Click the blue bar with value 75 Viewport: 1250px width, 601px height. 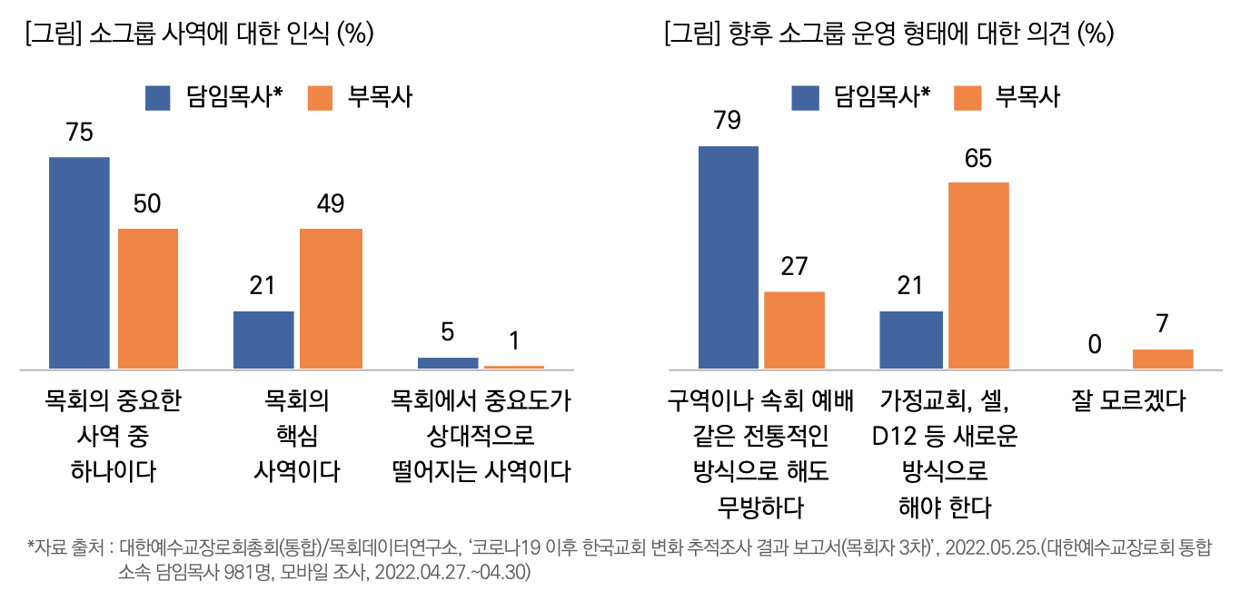(x=79, y=263)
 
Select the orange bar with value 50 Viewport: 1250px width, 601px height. (x=148, y=299)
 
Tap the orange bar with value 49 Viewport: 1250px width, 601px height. (x=331, y=299)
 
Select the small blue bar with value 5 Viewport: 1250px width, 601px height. (x=447, y=362)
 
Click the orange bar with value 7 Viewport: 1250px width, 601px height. (x=1162, y=359)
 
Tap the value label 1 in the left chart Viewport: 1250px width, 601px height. (x=514, y=341)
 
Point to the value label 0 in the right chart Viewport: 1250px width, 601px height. (x=1095, y=344)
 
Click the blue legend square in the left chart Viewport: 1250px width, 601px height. (x=158, y=98)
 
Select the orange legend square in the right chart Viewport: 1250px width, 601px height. (x=967, y=98)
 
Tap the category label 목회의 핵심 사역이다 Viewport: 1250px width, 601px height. (x=296, y=436)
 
